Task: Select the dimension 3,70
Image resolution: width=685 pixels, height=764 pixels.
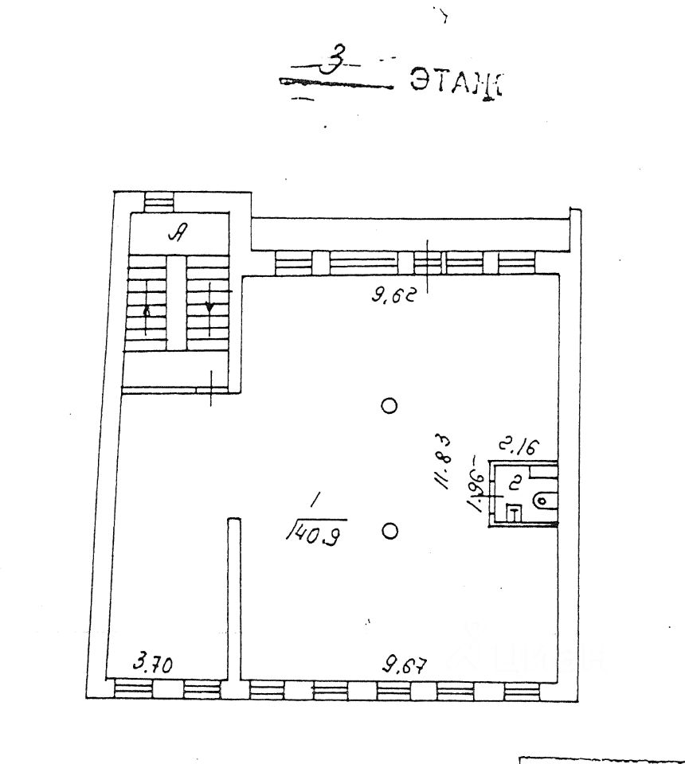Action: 154,662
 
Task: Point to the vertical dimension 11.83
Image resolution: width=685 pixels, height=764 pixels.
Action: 443,462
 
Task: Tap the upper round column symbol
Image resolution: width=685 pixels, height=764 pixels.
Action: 389,406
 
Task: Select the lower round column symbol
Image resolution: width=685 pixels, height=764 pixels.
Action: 389,531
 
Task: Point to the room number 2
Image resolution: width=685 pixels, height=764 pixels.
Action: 515,481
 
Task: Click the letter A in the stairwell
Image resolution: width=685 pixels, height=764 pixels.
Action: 180,233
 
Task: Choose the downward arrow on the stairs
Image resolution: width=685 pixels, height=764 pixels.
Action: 209,303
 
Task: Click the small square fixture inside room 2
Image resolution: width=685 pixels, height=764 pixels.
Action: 515,513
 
